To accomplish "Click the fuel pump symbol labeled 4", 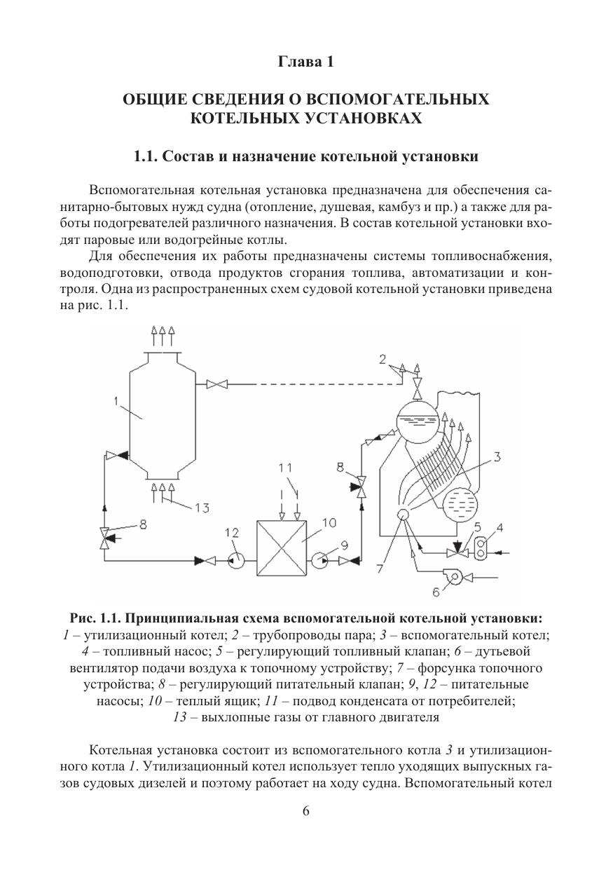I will click(x=481, y=552).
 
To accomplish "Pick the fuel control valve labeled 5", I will click(x=457, y=548).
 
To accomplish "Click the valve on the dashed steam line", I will click(x=217, y=383).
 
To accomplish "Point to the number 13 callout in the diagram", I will click(x=202, y=508).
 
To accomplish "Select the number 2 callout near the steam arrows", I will click(x=383, y=360).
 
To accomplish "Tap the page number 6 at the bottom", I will click(x=305, y=811).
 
